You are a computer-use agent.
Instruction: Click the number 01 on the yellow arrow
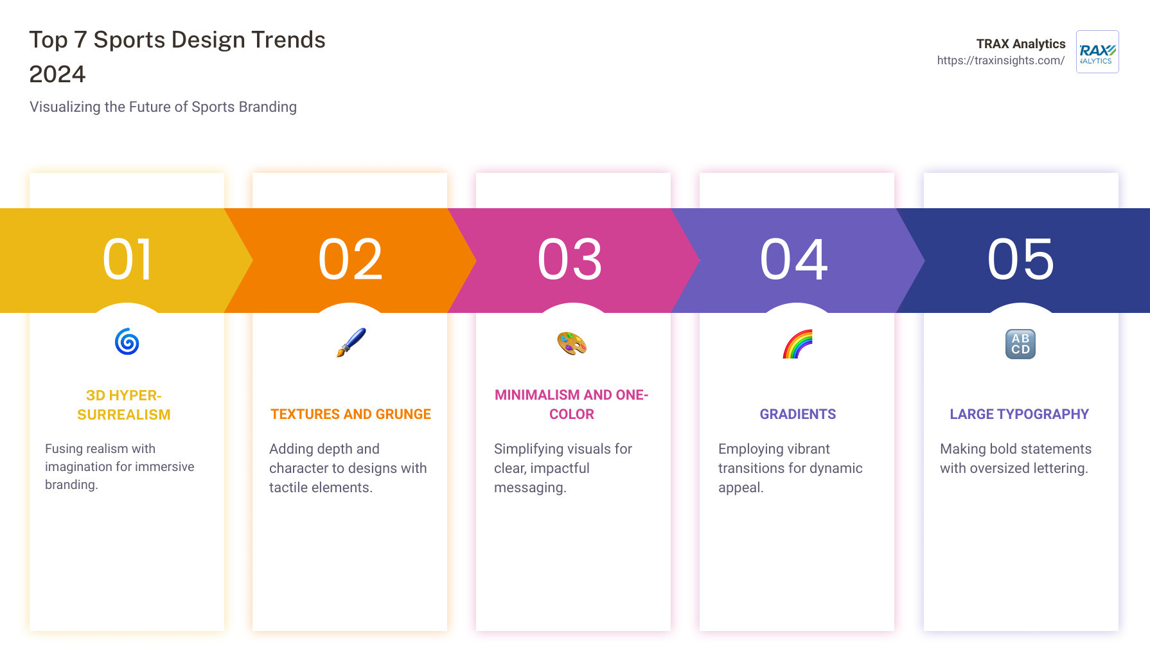(128, 260)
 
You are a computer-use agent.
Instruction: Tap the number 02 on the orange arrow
(351, 260)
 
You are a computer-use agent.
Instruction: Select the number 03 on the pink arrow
(571, 260)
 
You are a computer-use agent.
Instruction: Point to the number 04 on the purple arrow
(794, 260)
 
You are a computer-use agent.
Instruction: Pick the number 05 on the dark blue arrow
(1021, 260)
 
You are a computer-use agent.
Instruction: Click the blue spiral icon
(127, 342)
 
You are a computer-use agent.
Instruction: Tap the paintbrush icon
(351, 342)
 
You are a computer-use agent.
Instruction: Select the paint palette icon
(572, 343)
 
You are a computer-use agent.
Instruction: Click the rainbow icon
(797, 344)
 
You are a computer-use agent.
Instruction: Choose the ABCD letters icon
(1020, 344)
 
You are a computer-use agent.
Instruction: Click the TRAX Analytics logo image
(1097, 51)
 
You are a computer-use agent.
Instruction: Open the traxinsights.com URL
(1000, 60)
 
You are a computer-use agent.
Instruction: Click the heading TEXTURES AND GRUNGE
(351, 414)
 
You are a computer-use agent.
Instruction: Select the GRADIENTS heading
(798, 414)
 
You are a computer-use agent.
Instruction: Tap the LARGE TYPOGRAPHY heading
(1020, 414)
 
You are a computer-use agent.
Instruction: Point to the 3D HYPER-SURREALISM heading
(124, 405)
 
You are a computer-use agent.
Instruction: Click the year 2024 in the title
(57, 75)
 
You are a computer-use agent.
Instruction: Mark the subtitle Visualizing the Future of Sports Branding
(163, 107)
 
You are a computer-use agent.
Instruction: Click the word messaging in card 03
(530, 488)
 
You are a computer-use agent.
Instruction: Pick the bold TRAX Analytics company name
(1021, 44)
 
